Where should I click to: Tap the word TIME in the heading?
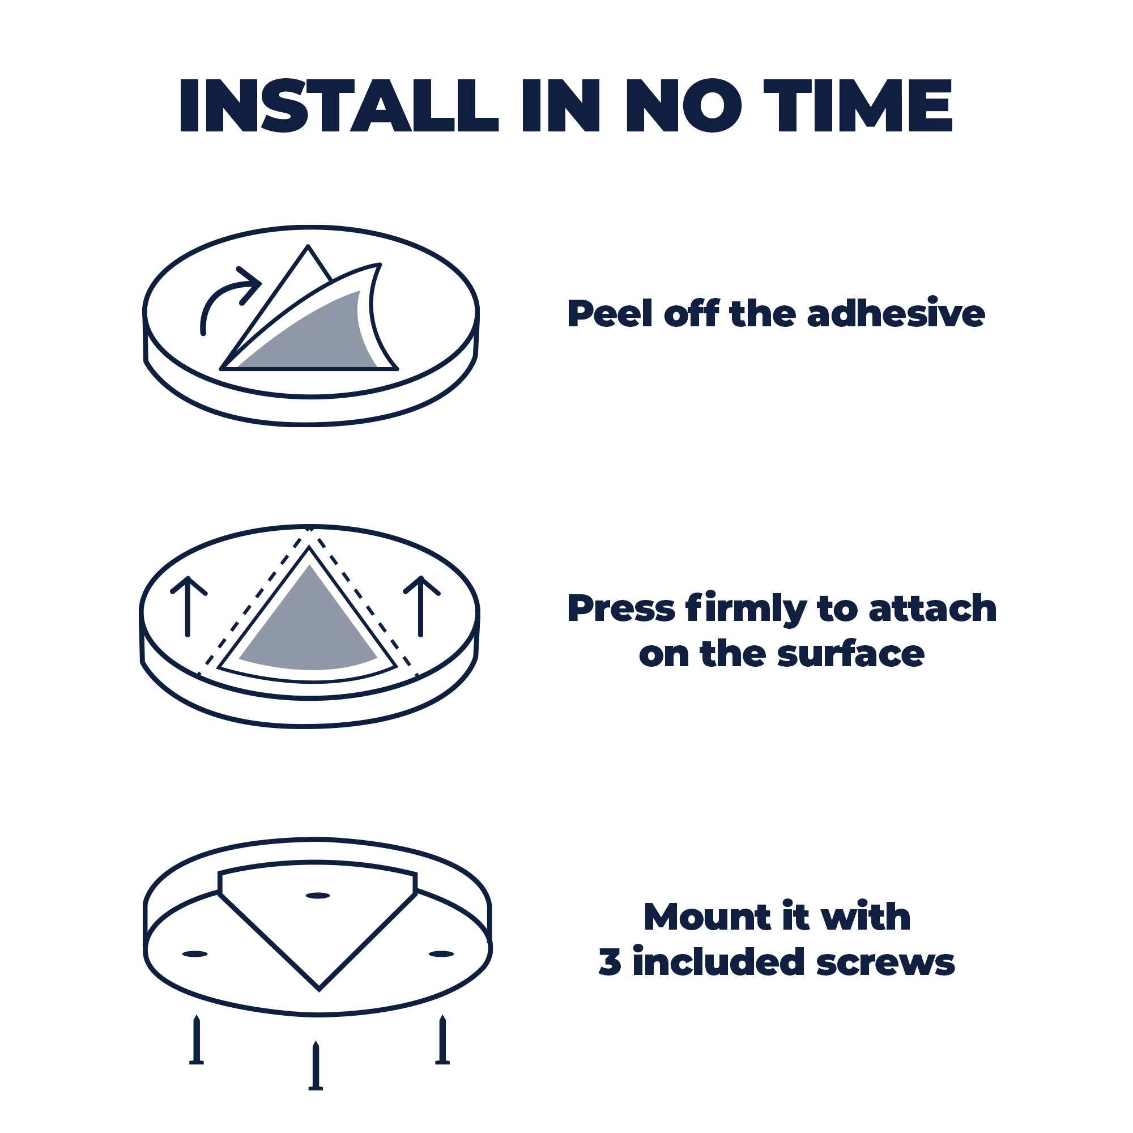(x=857, y=106)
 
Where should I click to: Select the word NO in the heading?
(x=684, y=106)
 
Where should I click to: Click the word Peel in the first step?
(x=610, y=314)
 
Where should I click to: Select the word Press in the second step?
(x=621, y=609)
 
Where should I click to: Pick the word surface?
(x=850, y=654)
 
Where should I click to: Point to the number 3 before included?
(x=610, y=962)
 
